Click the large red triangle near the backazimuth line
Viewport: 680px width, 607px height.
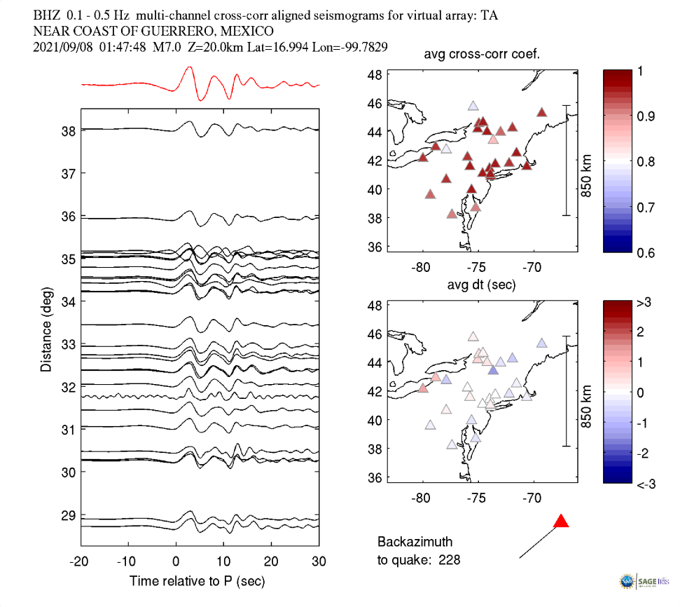[x=561, y=521]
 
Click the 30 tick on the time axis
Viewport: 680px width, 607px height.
[x=319, y=561]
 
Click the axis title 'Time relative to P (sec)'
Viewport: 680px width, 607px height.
[x=197, y=581]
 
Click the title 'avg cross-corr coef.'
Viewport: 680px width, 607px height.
[x=480, y=55]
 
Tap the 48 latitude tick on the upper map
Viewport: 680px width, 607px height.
[x=374, y=74]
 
